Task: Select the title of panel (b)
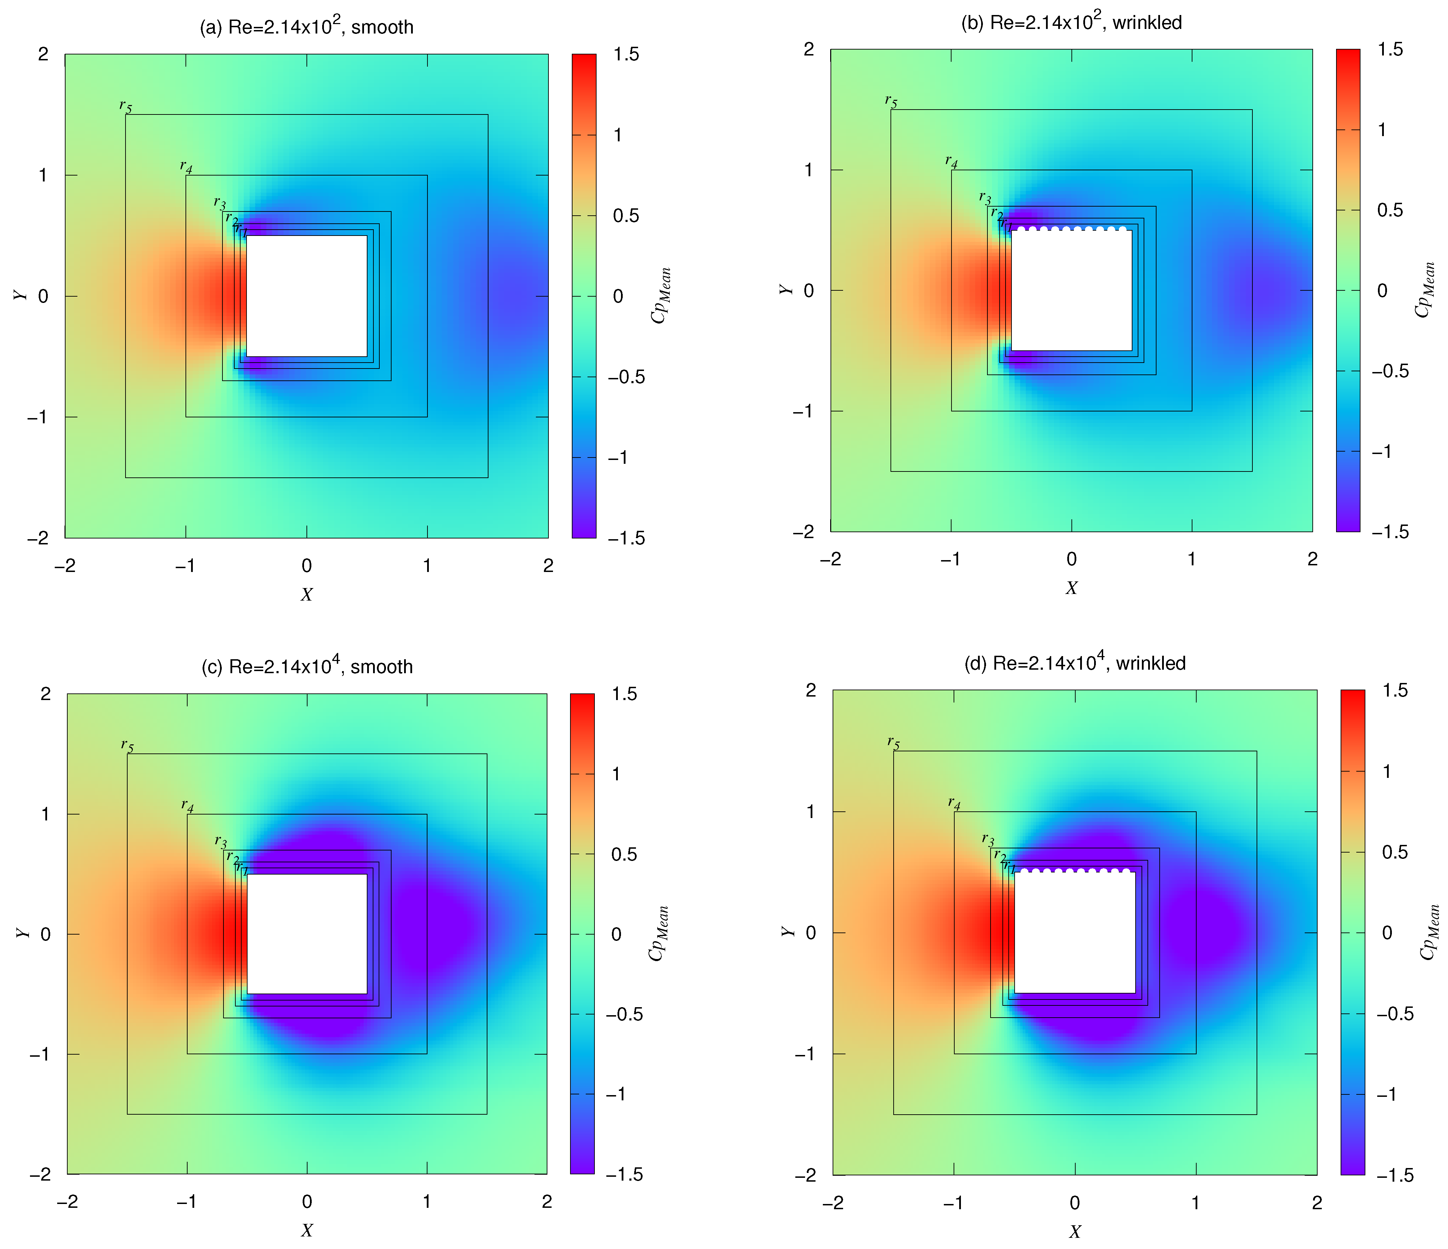(1071, 22)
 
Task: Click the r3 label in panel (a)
(220, 203)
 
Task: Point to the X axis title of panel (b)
(1071, 588)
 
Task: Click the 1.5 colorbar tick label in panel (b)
(1390, 50)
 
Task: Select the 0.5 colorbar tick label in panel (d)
(1395, 852)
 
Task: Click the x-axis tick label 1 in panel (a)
(427, 565)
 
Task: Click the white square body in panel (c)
(307, 934)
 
